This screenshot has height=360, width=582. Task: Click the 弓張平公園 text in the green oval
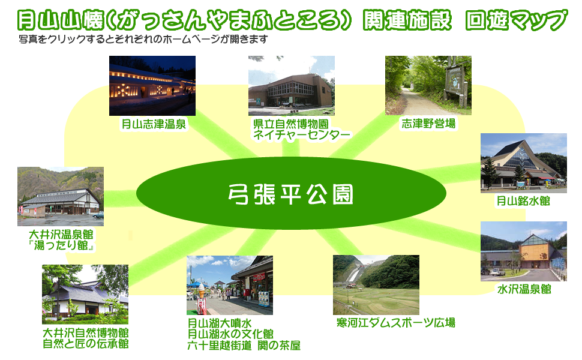coord(290,194)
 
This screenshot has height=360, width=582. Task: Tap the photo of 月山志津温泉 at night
coord(152,86)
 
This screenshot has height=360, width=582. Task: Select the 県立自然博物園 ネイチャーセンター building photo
coord(292,86)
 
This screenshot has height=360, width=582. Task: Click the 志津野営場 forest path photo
coord(428,85)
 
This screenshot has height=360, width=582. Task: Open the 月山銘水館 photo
coord(524,163)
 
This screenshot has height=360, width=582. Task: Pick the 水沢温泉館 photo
coord(524,251)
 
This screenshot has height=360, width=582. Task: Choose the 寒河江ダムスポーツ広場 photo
coord(376,284)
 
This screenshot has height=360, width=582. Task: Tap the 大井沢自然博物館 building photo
coord(85,295)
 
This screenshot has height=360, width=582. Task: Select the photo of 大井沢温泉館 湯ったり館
coord(61,196)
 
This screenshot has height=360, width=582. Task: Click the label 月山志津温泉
coord(154,124)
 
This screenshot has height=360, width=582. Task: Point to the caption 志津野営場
coord(428,124)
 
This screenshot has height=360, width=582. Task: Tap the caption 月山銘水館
coord(523,201)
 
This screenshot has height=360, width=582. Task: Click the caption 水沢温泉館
coord(524,289)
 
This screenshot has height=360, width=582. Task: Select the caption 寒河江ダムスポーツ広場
coord(395,323)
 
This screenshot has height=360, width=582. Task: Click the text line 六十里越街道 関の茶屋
coord(244,346)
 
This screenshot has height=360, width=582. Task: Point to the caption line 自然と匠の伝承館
coord(86,344)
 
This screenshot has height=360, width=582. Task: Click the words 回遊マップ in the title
coord(517,20)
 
